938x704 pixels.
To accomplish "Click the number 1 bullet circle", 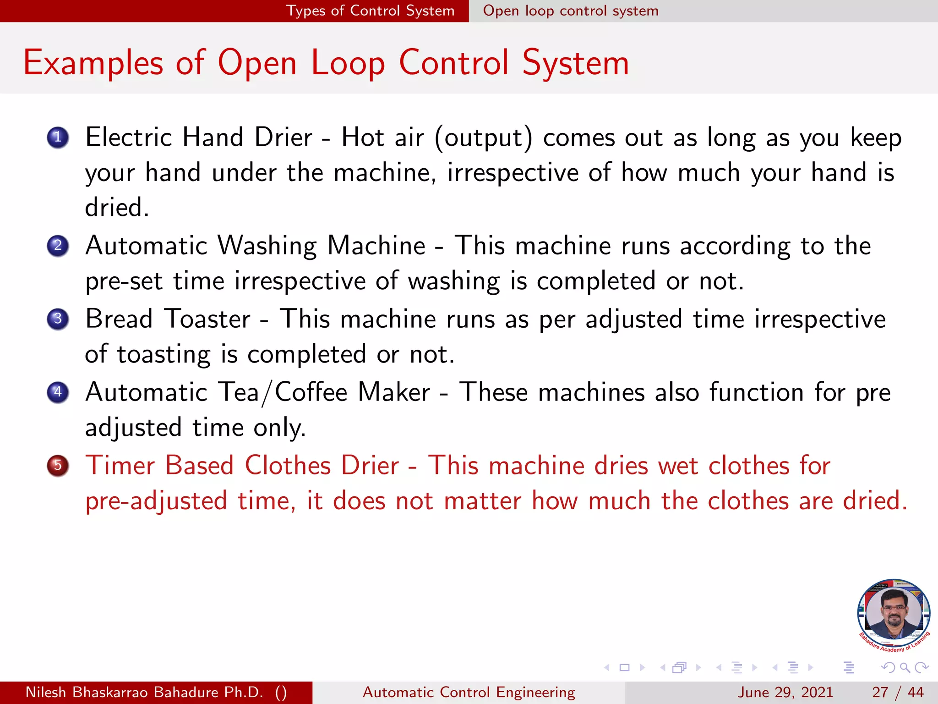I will click(58, 137).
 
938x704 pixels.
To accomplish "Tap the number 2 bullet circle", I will click(58, 246).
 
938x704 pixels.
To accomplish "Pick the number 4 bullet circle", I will click(58, 392).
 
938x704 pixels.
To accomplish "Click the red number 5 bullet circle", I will click(58, 466).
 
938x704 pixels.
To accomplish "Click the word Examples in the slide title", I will click(93, 63).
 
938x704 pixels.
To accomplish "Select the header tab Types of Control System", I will click(370, 11).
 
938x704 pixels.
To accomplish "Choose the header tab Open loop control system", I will click(571, 11).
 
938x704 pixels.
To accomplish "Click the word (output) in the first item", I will click(484, 137).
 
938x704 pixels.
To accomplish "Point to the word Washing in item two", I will click(267, 246).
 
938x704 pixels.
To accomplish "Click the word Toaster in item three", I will click(207, 319).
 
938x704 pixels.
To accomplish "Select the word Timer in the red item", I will click(120, 466).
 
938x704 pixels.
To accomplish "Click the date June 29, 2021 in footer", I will click(785, 692).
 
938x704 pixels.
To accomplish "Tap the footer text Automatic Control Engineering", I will click(469, 692).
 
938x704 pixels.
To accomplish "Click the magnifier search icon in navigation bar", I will click(905, 668).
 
